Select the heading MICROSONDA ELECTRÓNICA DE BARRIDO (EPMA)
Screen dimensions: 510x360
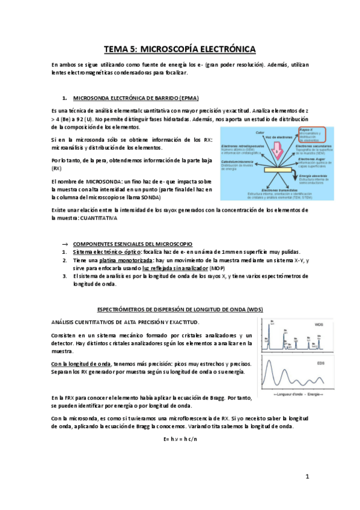pyautogui.click(x=135, y=98)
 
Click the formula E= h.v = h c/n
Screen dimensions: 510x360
pyautogui.click(x=180, y=438)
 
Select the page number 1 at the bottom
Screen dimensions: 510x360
pyautogui.click(x=307, y=477)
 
